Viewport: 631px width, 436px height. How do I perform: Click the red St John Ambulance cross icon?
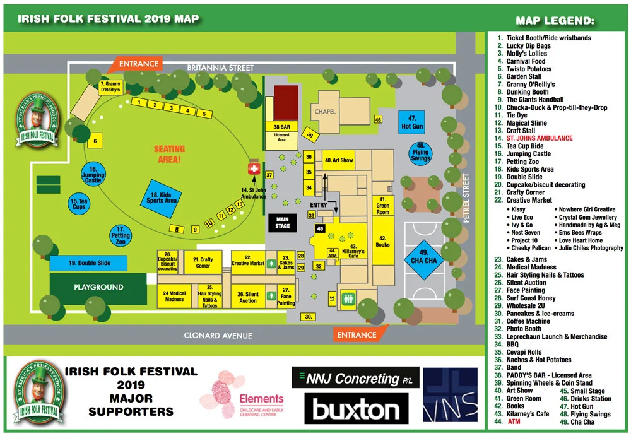click(255, 170)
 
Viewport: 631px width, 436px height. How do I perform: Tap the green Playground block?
click(98, 287)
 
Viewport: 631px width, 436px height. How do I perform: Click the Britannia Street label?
click(220, 68)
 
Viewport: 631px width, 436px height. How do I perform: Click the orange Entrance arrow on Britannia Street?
click(138, 64)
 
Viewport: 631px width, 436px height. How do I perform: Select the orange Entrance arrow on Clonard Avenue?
click(356, 335)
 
